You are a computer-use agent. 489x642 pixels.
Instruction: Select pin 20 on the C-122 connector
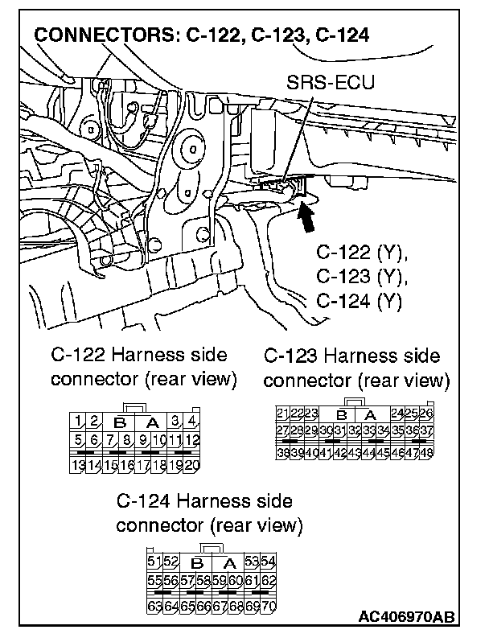click(x=191, y=465)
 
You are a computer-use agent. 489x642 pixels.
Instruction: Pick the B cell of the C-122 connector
click(x=120, y=422)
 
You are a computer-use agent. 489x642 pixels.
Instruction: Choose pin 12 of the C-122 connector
click(x=191, y=440)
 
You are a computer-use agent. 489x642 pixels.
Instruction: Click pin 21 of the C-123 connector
click(x=282, y=414)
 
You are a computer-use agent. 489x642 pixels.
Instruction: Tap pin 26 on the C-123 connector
click(x=427, y=414)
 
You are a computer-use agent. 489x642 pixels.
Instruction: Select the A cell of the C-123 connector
click(x=371, y=415)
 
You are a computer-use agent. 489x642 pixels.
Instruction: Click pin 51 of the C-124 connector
click(x=154, y=560)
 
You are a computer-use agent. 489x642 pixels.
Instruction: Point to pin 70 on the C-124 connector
click(x=269, y=604)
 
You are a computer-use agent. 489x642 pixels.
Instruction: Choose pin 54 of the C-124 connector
click(x=269, y=560)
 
